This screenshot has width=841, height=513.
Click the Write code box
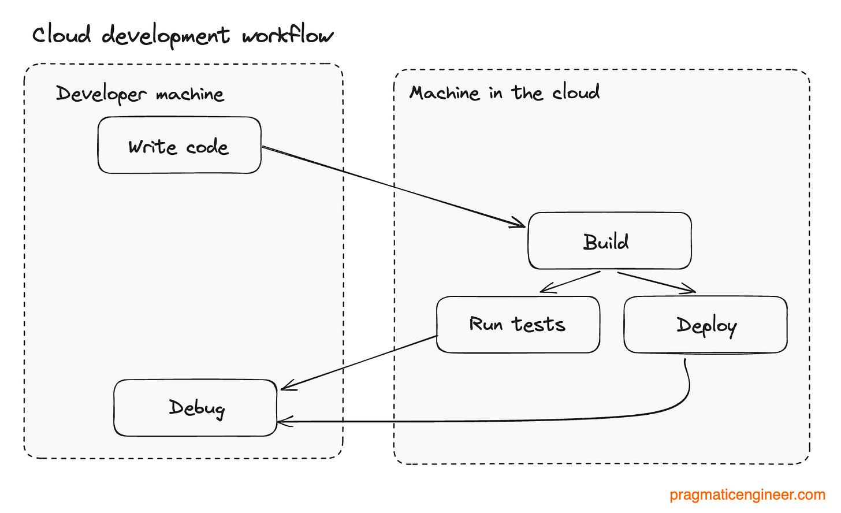(179, 145)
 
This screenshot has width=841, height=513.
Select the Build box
(609, 241)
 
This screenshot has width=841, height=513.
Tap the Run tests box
(518, 325)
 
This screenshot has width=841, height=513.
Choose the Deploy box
(705, 325)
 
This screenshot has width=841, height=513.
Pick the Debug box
(195, 408)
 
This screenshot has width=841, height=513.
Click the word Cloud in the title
(61, 35)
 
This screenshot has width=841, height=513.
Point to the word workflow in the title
(287, 35)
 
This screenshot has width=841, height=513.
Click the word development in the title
(166, 36)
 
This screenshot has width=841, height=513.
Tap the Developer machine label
(140, 94)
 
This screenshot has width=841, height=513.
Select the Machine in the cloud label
(504, 93)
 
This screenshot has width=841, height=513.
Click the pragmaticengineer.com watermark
(747, 495)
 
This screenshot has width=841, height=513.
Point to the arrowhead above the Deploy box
(689, 289)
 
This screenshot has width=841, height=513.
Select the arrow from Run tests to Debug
(358, 362)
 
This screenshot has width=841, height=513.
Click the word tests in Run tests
(538, 325)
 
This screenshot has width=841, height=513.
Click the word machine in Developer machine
(189, 94)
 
